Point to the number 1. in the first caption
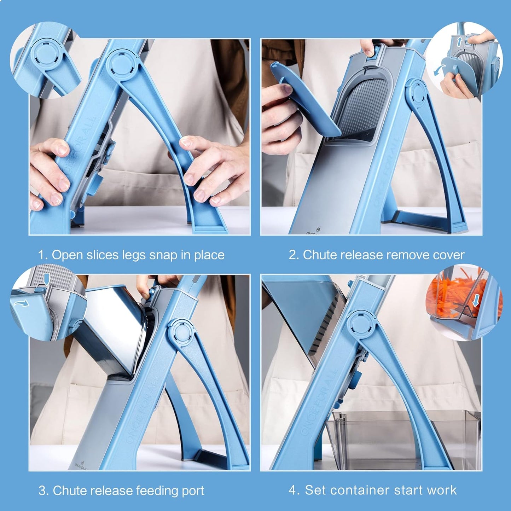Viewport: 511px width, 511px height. point(43,255)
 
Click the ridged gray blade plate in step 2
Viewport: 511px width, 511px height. point(361,106)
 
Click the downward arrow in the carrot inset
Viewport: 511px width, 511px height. point(476,301)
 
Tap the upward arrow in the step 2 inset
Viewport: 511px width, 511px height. point(459,42)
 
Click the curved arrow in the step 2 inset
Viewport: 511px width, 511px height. point(439,70)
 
